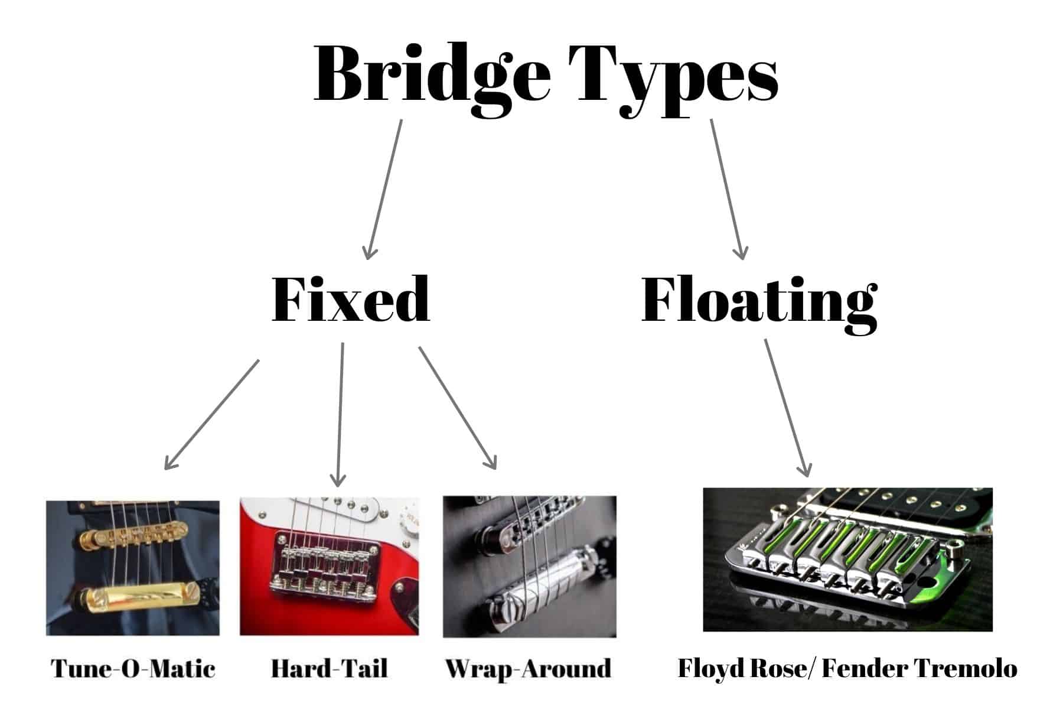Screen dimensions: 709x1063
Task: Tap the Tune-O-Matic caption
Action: coord(133,668)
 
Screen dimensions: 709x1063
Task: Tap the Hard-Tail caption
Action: coord(329,668)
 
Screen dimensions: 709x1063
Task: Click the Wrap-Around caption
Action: coord(528,668)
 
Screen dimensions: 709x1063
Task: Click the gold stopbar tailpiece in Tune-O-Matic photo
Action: coord(133,594)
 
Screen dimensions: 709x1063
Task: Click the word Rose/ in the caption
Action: coord(785,668)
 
